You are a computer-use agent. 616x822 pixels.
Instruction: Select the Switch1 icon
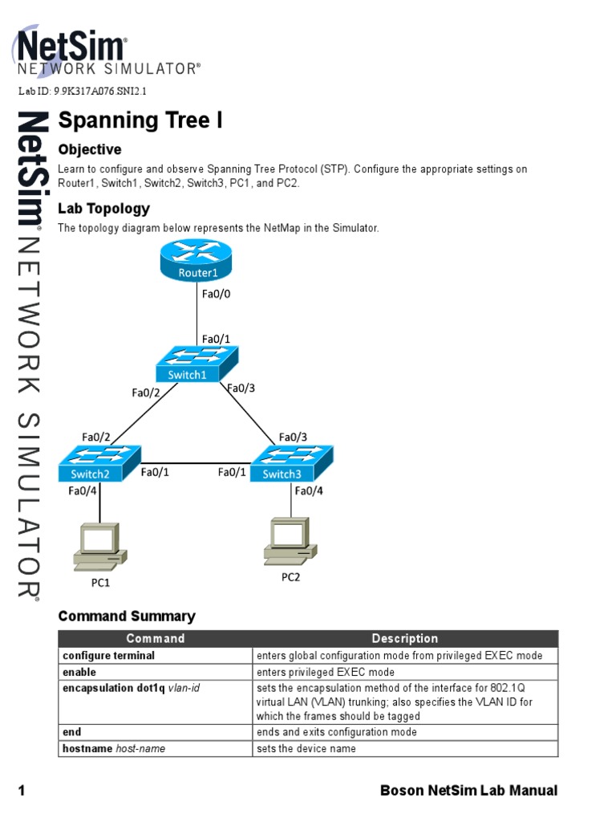tap(197, 363)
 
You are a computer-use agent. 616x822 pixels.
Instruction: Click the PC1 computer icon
tap(99, 545)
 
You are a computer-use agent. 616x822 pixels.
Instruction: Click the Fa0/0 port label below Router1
tap(216, 295)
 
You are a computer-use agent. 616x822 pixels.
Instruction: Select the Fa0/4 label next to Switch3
tap(310, 490)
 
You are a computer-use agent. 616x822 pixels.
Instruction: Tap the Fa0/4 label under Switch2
tap(83, 490)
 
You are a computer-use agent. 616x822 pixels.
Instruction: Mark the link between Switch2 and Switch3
tap(195, 463)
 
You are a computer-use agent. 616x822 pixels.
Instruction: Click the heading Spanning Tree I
tap(140, 120)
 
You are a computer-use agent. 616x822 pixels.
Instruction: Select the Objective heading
tap(90, 149)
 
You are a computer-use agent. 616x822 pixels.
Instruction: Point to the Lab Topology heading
tap(103, 209)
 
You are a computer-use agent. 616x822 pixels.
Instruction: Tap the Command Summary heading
tap(127, 616)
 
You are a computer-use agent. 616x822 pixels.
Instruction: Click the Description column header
tap(405, 639)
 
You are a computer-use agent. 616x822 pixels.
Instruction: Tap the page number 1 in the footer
tap(22, 791)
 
